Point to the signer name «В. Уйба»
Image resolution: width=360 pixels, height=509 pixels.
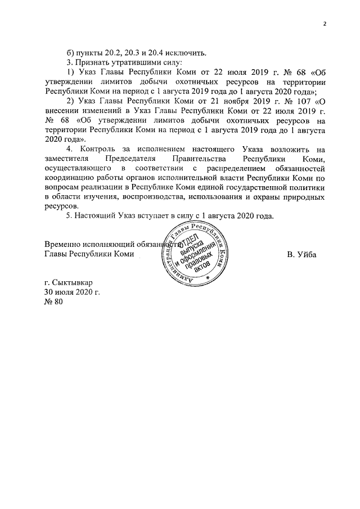301,254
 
